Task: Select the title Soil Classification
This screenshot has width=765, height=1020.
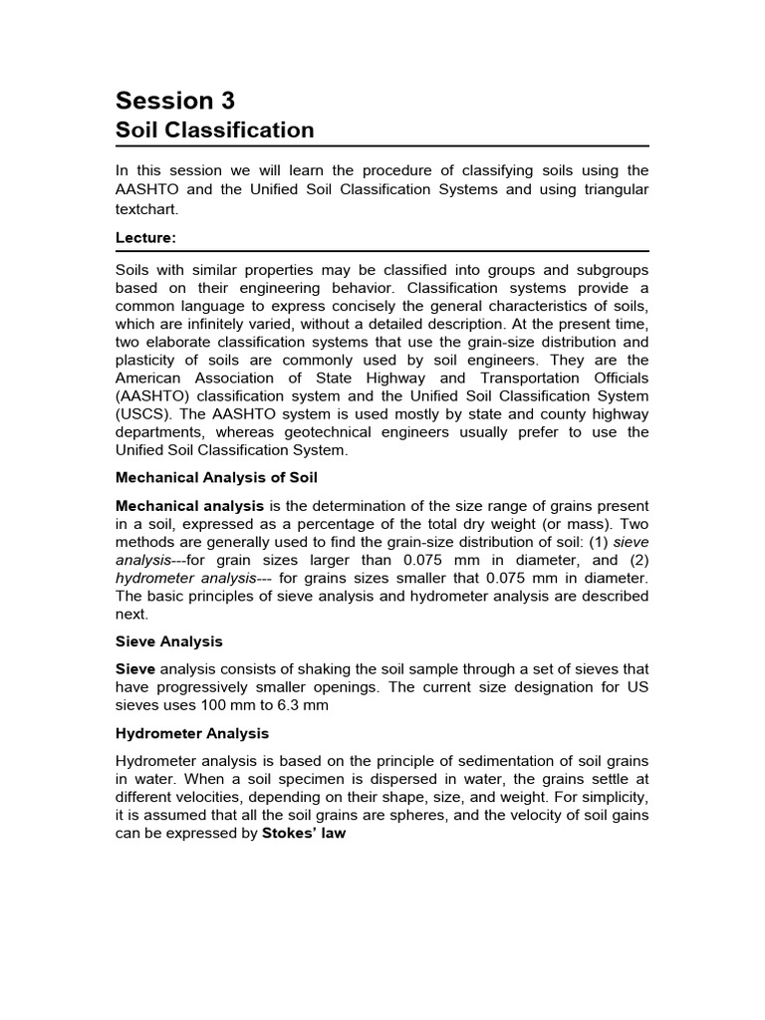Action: point(214,130)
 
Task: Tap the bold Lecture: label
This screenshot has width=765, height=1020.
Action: point(146,239)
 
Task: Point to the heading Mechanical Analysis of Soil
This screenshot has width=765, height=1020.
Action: point(216,477)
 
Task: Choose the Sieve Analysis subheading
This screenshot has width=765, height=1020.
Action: point(169,641)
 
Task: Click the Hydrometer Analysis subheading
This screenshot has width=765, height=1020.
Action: point(192,733)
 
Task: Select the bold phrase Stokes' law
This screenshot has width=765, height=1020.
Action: point(304,833)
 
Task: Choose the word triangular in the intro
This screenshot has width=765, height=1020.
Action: point(611,189)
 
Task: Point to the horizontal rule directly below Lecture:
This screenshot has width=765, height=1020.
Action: point(382,251)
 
